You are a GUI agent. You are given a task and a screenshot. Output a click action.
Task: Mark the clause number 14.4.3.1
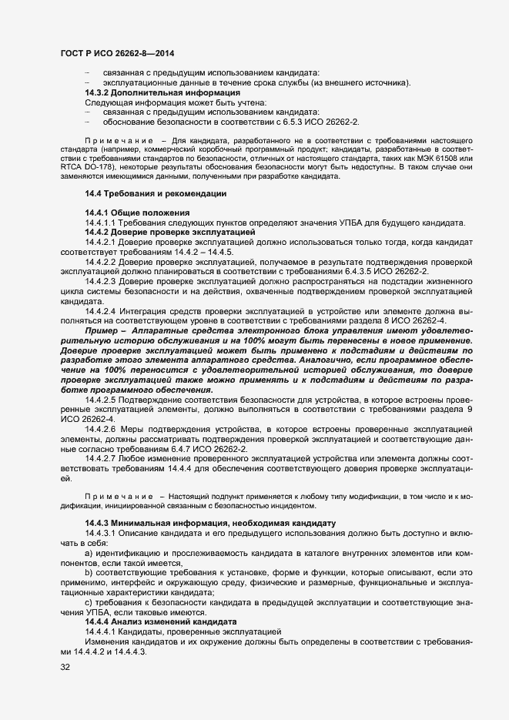pos(100,533)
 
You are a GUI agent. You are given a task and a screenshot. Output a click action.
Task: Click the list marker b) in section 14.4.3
pos(89,572)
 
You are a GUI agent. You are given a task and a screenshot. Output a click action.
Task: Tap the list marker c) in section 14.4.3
pos(89,601)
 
